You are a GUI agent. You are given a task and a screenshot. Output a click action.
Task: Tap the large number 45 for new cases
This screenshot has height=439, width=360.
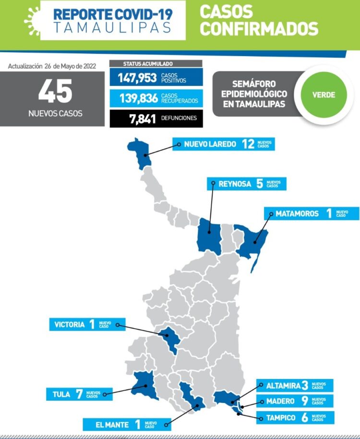(55, 92)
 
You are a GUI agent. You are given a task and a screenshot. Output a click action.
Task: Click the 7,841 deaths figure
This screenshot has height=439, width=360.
(142, 119)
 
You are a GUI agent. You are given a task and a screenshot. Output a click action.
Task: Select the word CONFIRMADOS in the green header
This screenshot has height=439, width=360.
(259, 28)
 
